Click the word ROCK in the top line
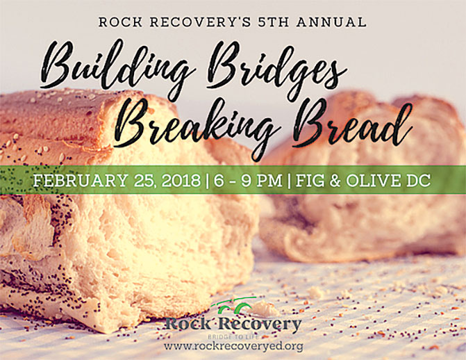click(x=120, y=22)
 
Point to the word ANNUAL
click(x=331, y=22)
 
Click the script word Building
click(x=117, y=67)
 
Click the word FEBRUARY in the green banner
click(x=81, y=180)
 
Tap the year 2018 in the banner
click(x=181, y=180)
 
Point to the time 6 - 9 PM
click(x=247, y=180)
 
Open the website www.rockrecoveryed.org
click(x=233, y=346)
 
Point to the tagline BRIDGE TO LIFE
click(x=233, y=337)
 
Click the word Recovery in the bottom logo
click(x=260, y=325)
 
